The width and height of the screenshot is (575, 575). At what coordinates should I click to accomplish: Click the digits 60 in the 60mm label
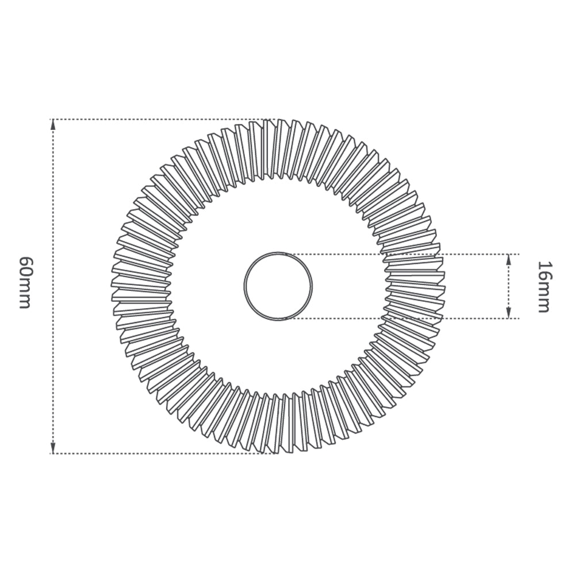pyautogui.click(x=25, y=266)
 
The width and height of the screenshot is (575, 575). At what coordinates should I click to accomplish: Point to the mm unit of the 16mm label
pyautogui.click(x=543, y=298)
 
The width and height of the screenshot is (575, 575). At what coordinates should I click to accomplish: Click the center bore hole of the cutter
pyautogui.click(x=278, y=285)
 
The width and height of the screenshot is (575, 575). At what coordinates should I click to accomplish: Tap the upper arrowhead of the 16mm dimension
pyautogui.click(x=508, y=260)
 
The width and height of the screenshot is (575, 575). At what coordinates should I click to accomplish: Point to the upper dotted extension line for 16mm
pyautogui.click(x=402, y=254)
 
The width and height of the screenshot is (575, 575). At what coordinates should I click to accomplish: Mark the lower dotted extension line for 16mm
pyautogui.click(x=402, y=318)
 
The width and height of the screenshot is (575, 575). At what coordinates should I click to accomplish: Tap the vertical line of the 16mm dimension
pyautogui.click(x=508, y=286)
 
